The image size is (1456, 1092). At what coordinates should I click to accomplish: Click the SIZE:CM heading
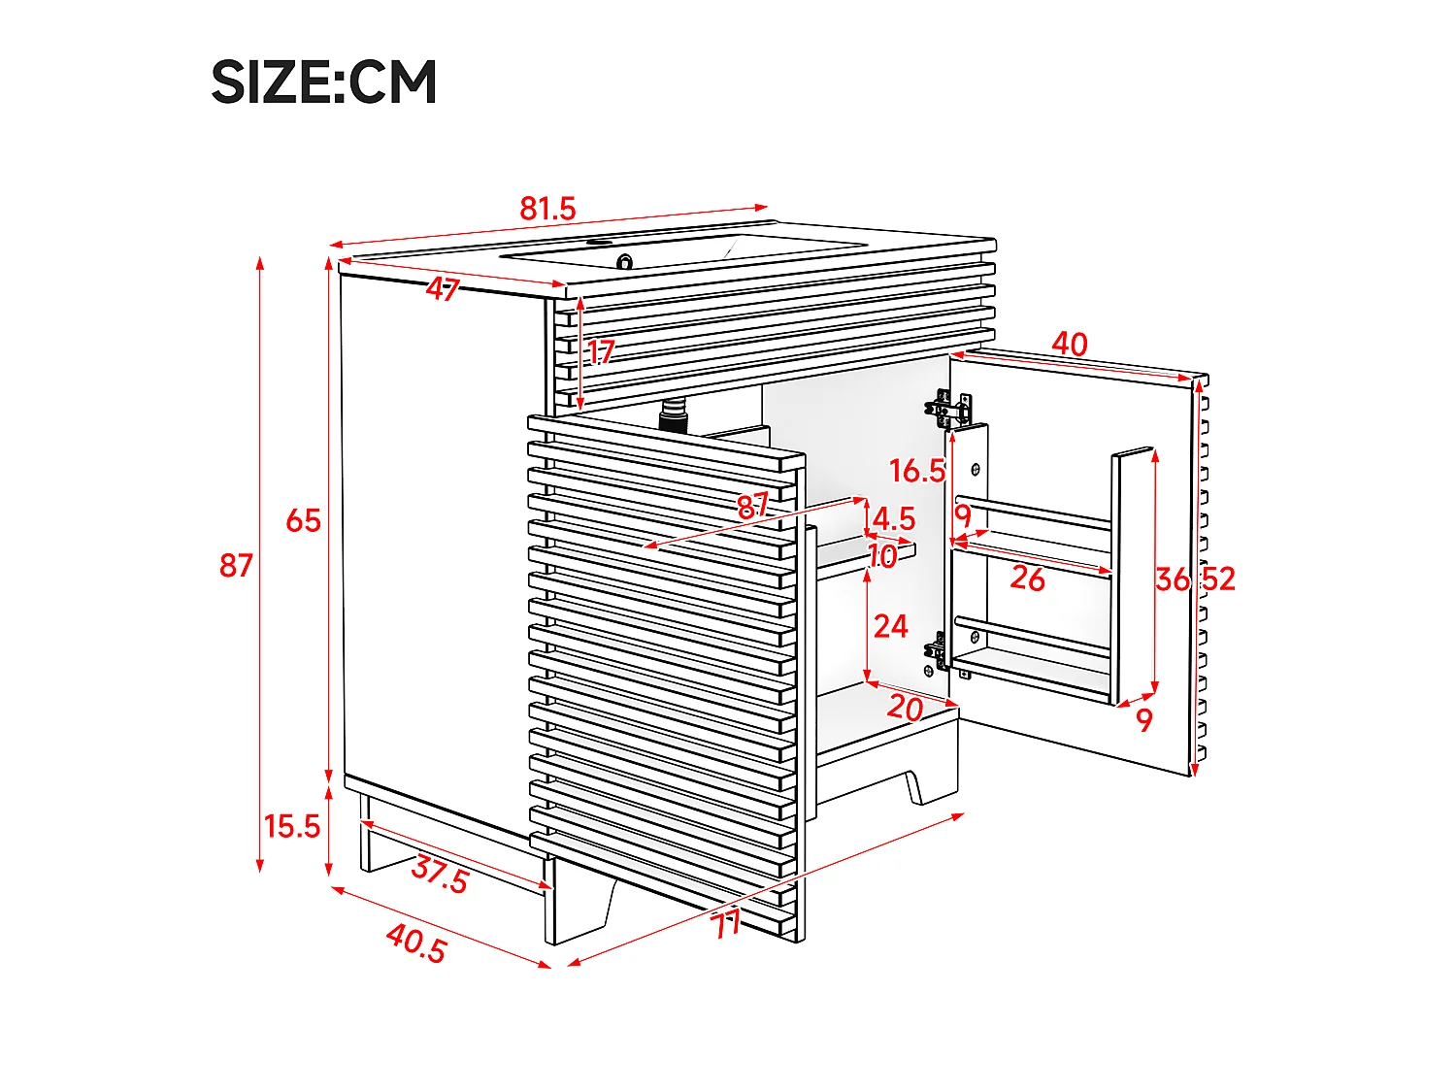tap(323, 82)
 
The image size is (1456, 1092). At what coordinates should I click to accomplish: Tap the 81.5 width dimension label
tap(547, 209)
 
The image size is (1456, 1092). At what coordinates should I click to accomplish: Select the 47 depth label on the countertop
tap(443, 289)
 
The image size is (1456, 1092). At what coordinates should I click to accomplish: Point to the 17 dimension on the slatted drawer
tap(600, 352)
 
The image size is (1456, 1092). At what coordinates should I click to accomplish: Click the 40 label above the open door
tap(1070, 345)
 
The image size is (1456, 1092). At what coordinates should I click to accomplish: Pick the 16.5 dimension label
tap(916, 471)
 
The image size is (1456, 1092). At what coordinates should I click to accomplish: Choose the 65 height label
tap(303, 520)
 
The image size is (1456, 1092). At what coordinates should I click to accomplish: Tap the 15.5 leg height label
tap(292, 826)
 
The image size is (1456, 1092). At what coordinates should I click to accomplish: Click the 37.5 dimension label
tap(440, 875)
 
